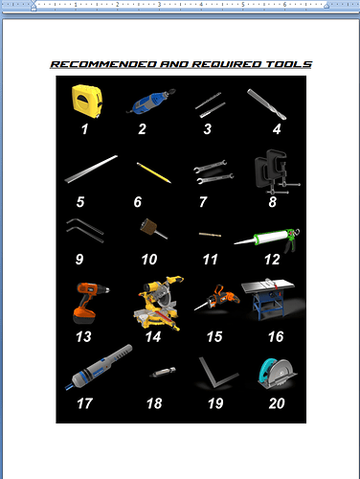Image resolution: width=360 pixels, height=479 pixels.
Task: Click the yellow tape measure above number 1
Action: pyautogui.click(x=85, y=99)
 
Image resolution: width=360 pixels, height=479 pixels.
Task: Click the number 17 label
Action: pyautogui.click(x=85, y=403)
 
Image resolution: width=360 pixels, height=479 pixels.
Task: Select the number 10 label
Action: pyautogui.click(x=148, y=259)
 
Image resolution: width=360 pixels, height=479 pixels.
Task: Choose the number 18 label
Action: pyautogui.click(x=152, y=403)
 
